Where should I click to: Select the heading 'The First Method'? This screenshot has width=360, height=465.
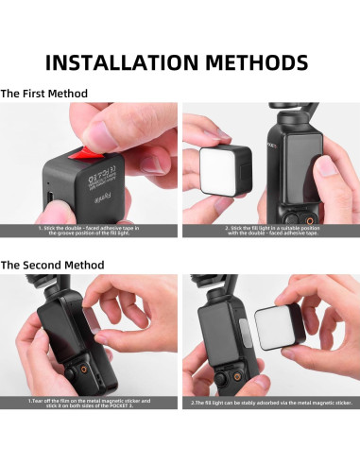coord(44,94)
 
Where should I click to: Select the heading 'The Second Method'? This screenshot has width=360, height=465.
coord(51,265)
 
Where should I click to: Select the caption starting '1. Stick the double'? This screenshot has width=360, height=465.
coord(90,230)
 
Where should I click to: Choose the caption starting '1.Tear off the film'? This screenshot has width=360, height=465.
coord(90,403)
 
